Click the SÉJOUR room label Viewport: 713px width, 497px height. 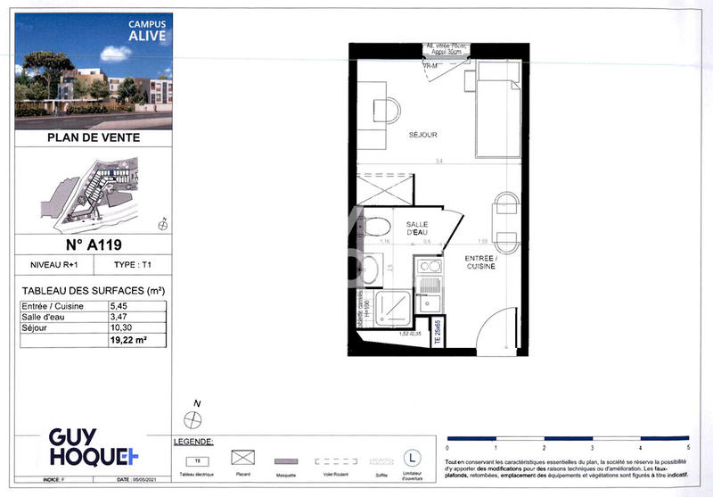422,135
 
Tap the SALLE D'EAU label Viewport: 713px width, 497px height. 417,228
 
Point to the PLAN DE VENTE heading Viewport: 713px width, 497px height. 93,138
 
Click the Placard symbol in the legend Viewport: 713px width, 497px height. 242,458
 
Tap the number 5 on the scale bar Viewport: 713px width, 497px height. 688,446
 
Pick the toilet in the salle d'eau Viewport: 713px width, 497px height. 375,226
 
